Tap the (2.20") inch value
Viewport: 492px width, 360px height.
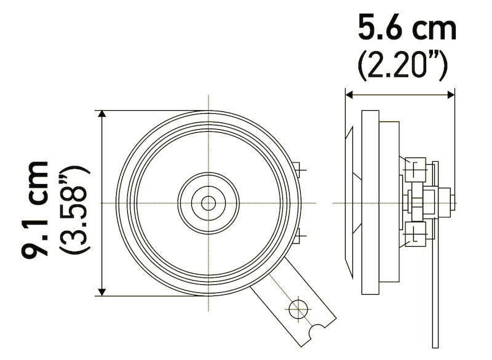point(402,65)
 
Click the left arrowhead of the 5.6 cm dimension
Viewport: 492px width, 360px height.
point(349,94)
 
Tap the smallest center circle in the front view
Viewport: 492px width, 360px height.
point(208,202)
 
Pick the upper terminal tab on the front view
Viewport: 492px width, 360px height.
point(298,167)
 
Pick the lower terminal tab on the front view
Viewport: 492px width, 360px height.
point(298,236)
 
